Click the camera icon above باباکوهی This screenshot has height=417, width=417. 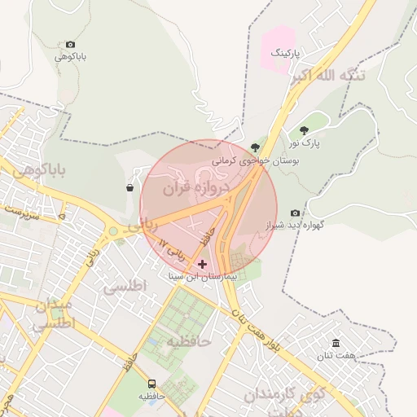(70, 44)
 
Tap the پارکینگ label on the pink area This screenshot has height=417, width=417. (285, 53)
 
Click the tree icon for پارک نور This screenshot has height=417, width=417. (304, 130)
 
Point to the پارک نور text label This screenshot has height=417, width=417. (305, 144)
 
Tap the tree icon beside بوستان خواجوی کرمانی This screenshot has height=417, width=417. (255, 147)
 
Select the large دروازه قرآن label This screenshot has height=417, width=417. (197, 188)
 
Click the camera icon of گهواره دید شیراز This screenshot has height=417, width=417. (295, 213)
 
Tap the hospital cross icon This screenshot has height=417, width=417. (202, 264)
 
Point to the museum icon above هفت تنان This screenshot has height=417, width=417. (336, 344)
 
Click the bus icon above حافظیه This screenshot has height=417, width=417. (151, 384)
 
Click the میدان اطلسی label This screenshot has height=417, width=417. (54, 314)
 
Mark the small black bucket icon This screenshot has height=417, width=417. (129, 188)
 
